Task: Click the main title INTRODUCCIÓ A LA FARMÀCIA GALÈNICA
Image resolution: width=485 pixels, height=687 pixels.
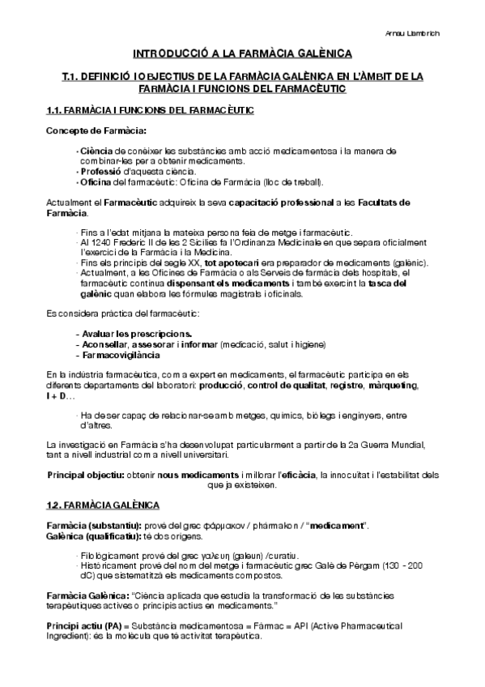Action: point(242,54)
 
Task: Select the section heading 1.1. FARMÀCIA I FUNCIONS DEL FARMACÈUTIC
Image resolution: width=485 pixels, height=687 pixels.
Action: point(150,109)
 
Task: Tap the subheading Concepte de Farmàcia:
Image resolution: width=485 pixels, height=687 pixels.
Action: point(85,130)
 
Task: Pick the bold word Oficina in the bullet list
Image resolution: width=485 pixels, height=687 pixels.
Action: point(94,181)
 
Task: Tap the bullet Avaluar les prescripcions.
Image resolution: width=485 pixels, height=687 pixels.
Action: point(133,334)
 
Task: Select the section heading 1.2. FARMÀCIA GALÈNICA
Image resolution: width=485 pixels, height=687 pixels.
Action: point(103,506)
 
